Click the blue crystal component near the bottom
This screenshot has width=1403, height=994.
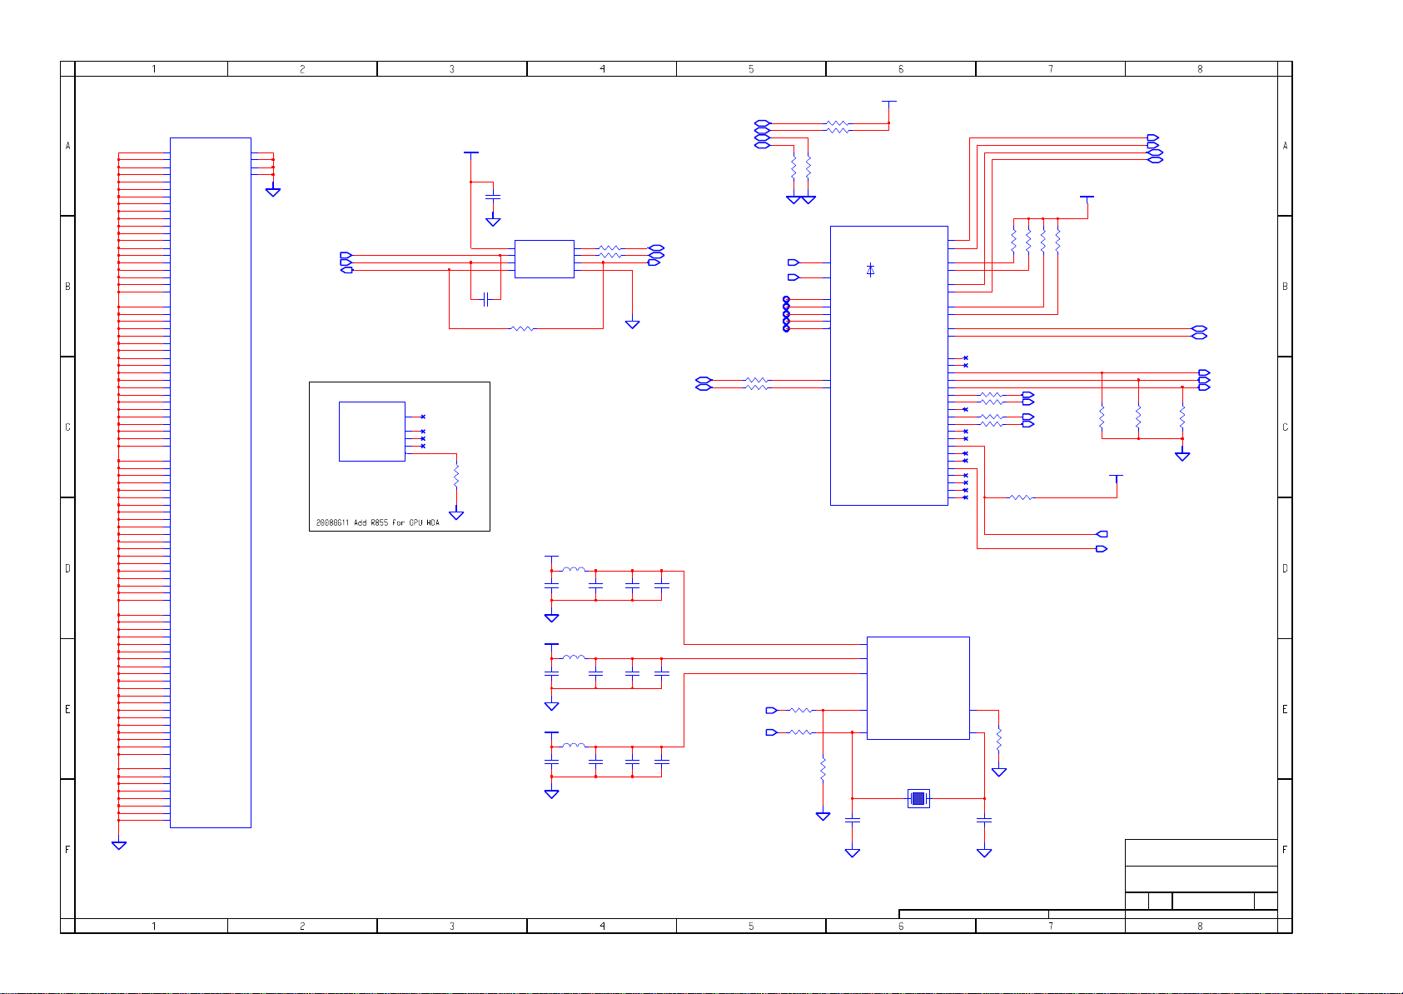tap(918, 798)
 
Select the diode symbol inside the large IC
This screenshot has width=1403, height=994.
tap(870, 270)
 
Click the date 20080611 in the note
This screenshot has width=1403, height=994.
tap(332, 523)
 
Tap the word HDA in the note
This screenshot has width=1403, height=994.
tap(433, 523)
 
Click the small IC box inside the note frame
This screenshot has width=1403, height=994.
tap(371, 431)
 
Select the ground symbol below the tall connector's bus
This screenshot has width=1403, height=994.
tap(119, 846)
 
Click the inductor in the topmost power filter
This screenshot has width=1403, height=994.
tap(573, 570)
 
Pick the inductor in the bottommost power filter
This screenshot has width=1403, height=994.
tap(573, 746)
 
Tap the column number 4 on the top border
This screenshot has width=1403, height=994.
tap(602, 69)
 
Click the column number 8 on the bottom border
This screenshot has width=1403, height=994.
tap(1200, 926)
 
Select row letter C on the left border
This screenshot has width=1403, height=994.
tap(67, 427)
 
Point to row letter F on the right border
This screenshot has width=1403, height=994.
tap(1285, 850)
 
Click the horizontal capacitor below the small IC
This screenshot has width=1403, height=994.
tap(485, 299)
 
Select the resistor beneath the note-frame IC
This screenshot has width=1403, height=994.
tap(456, 477)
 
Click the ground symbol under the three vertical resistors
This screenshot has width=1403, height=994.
tap(1182, 456)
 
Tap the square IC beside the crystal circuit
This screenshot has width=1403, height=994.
tap(918, 687)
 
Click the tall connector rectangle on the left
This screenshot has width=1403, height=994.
tap(210, 482)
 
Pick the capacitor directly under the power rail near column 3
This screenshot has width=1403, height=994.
tap(493, 197)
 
